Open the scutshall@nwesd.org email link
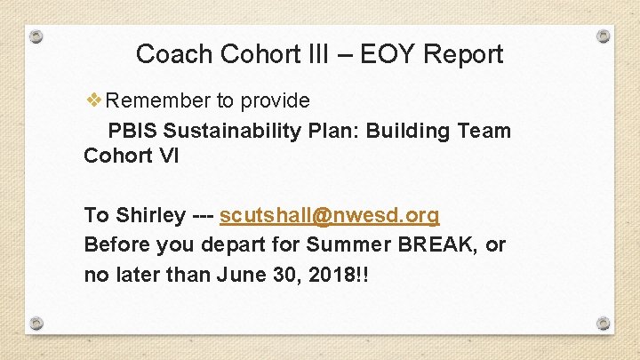click(x=329, y=216)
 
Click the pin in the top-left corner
click(x=36, y=37)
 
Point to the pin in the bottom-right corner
click(x=604, y=324)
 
